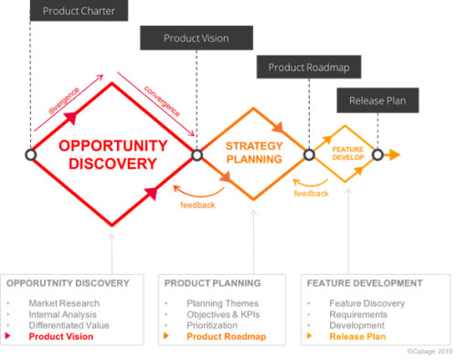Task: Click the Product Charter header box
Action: pos(79,11)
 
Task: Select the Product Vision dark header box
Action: pos(196,38)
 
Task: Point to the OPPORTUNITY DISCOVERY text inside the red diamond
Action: pos(112,154)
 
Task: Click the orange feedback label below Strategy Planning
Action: pos(197,205)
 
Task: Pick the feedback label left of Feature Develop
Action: pos(311,194)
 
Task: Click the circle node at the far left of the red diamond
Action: pos(30,155)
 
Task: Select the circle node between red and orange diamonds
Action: pos(197,155)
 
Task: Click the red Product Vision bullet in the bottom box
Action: pos(60,336)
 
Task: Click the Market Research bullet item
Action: pos(63,302)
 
